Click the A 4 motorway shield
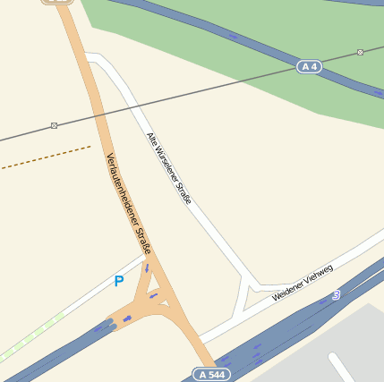point(310,67)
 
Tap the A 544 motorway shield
point(210,374)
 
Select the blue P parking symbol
point(118,281)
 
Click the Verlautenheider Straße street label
point(128,203)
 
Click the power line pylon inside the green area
point(360,52)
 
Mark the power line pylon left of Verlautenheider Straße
point(54,125)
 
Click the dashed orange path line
point(45,158)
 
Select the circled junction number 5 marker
point(336,294)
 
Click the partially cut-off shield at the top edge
point(56,2)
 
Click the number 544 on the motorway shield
point(215,374)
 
